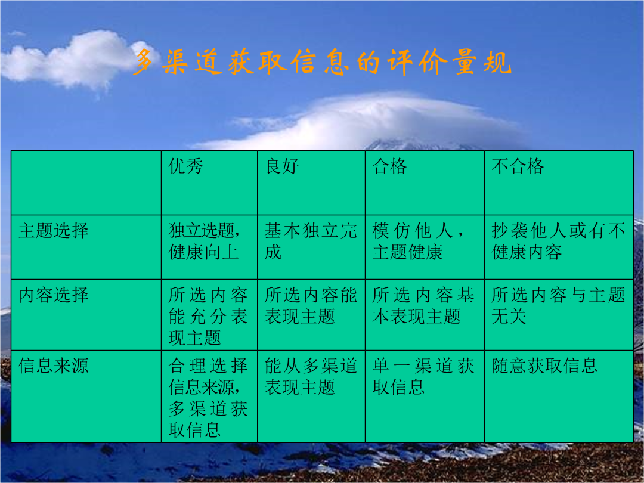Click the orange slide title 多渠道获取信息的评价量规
[323, 62]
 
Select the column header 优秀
[185, 166]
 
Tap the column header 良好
[282, 166]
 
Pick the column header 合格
[389, 166]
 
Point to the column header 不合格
[518, 166]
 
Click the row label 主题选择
[54, 230]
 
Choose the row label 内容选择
[54, 295]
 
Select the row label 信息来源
[54, 366]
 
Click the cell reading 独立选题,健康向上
[205, 241]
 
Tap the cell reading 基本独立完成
[311, 241]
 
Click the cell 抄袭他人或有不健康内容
[558, 241]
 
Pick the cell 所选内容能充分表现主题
[208, 316]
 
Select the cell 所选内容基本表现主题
[423, 305]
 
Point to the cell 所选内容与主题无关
[558, 305]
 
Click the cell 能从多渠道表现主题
[311, 376]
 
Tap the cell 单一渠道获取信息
[423, 376]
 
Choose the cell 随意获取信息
[544, 366]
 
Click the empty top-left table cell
[86, 183]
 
